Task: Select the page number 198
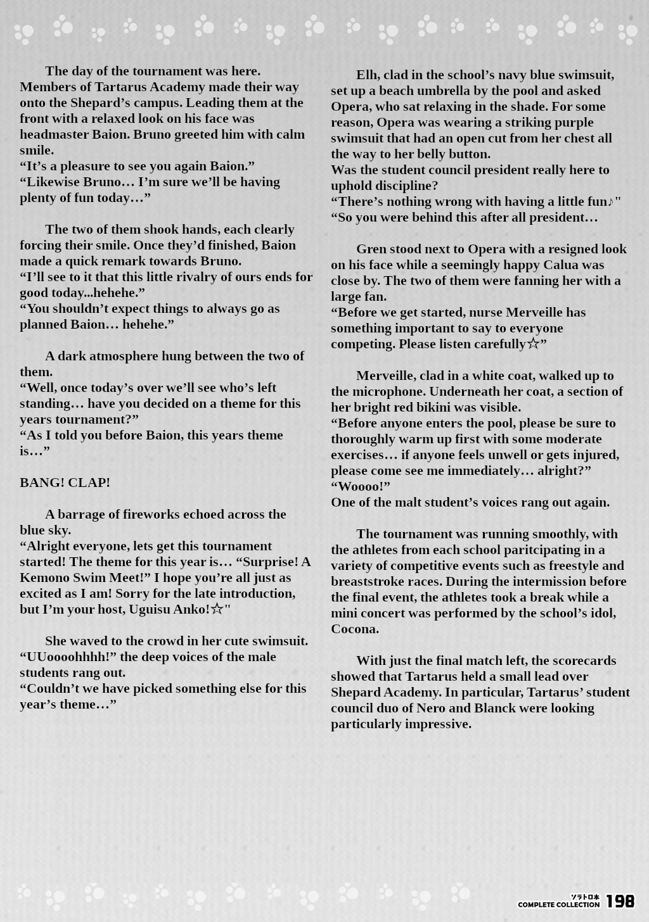coord(620,901)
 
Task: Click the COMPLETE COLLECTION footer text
coord(558,905)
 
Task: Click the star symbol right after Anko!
coord(217,609)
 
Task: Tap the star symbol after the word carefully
coord(533,344)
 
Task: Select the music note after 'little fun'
coord(610,202)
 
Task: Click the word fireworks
coord(163,514)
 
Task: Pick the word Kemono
coord(46,578)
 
